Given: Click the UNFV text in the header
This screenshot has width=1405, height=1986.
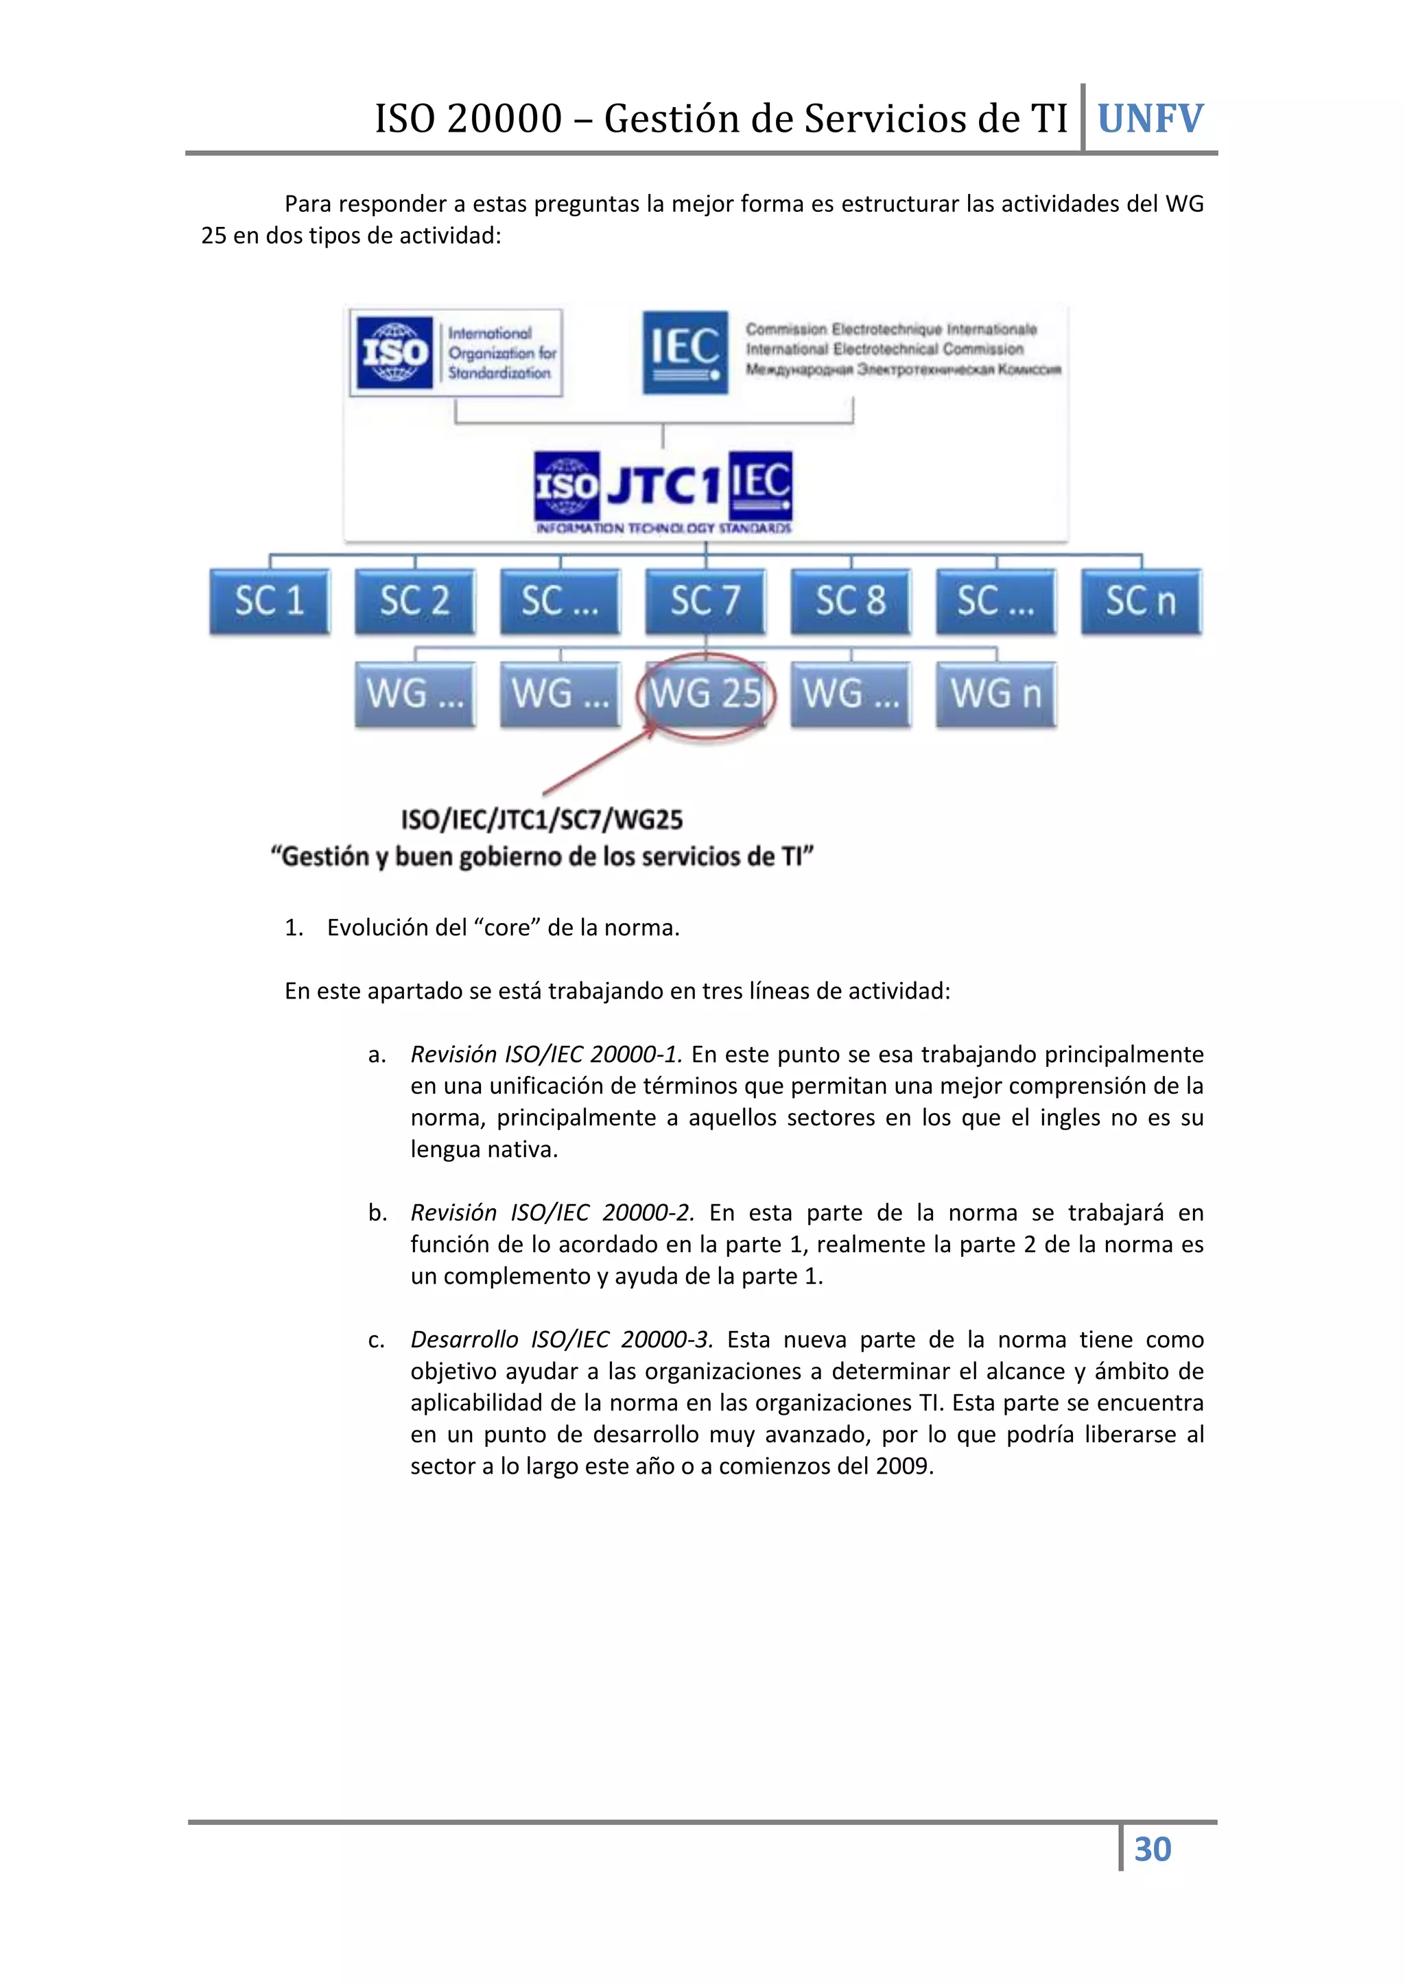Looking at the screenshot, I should [x=1150, y=119].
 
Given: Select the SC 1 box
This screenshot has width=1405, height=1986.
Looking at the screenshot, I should [x=269, y=601].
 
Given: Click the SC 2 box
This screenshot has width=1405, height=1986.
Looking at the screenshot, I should [x=414, y=601].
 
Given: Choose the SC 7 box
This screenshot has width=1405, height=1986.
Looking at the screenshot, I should [x=705, y=601].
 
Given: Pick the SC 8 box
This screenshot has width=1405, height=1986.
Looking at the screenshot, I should [x=851, y=601].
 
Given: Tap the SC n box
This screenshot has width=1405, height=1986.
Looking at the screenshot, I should [x=1141, y=601].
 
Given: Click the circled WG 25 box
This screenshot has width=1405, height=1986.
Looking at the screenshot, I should [x=706, y=694].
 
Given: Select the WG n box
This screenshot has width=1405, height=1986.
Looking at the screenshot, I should [x=996, y=694].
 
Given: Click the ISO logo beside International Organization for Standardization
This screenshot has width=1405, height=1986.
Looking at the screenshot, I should [x=395, y=352].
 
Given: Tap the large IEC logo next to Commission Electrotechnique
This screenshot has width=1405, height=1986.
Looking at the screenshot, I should [x=685, y=352].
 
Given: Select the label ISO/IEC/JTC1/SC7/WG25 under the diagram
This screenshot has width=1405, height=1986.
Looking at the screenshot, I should [x=541, y=819].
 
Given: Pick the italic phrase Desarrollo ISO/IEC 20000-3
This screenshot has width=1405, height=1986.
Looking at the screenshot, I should [x=561, y=1340].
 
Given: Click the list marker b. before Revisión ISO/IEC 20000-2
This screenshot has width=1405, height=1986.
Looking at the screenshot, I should [x=377, y=1212].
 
